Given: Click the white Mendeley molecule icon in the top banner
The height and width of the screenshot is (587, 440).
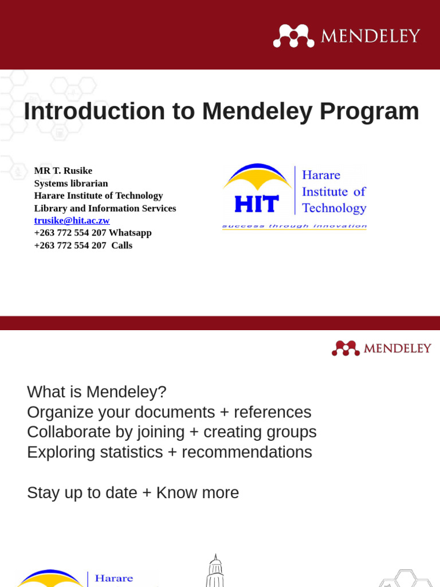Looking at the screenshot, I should [293, 36].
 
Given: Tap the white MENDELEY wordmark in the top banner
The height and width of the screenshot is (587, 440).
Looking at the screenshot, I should [370, 36].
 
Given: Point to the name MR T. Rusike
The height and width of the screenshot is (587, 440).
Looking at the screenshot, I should [63, 171].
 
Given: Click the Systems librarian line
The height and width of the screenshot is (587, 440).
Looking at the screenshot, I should [71, 183].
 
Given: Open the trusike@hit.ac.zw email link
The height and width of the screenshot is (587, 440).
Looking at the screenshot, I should [72, 221].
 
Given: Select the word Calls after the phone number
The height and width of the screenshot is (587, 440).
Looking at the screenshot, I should [122, 245].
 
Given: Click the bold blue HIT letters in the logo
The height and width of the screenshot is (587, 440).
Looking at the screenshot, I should [256, 204].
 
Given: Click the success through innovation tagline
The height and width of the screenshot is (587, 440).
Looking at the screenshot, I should [294, 226].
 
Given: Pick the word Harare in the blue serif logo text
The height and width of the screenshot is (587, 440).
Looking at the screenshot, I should [321, 175].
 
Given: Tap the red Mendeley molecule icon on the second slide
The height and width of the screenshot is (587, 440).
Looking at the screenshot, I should [345, 348].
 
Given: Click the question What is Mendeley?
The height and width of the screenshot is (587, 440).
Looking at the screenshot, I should [96, 392].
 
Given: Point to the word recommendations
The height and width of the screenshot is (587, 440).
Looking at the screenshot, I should [247, 452].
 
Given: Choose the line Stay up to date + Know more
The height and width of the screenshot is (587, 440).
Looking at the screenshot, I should [133, 493].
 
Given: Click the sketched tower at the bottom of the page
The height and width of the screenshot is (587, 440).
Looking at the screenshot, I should [215, 571].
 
